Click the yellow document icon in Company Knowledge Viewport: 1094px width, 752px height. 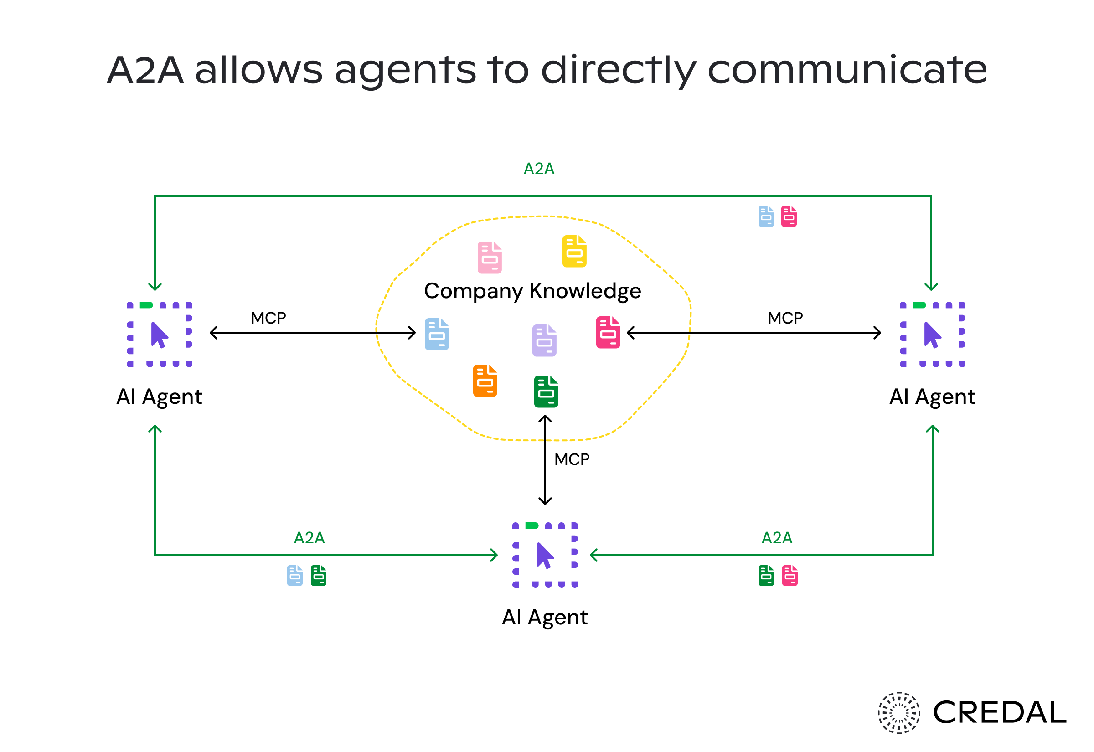point(574,251)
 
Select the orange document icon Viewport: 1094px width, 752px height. point(485,380)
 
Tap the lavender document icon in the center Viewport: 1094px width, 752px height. point(544,340)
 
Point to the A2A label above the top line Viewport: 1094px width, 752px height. point(539,169)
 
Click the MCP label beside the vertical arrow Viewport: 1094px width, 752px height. point(572,459)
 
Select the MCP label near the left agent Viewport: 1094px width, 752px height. point(268,318)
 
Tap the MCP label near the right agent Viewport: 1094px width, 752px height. point(785,318)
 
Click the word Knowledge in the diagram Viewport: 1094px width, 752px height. point(585,291)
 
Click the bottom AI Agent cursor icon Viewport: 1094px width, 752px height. point(545,555)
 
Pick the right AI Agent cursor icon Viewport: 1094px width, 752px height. point(932,335)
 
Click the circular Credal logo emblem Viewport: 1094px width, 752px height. point(898,712)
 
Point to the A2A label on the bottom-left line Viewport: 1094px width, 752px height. point(309,538)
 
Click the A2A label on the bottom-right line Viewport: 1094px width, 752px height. point(777,538)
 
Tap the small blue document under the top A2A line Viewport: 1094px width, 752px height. point(766,216)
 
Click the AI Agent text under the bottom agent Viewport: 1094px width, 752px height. point(545,617)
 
